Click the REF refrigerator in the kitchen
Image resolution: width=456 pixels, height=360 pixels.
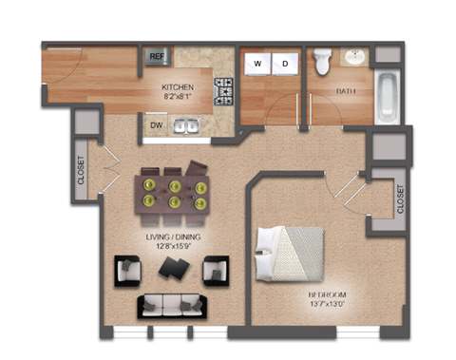pyautogui.click(x=157, y=57)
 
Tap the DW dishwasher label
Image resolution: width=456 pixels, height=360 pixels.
pyautogui.click(x=155, y=123)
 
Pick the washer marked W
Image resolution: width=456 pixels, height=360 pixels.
pyautogui.click(x=256, y=63)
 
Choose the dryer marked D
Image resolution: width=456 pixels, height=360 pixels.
pyautogui.click(x=283, y=63)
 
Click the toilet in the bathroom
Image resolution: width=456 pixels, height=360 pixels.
pyautogui.click(x=322, y=62)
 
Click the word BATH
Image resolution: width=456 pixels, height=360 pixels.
pyautogui.click(x=346, y=91)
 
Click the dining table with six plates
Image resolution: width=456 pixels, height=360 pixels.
pyautogui.click(x=174, y=189)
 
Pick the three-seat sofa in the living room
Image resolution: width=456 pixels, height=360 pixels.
pyautogui.click(x=173, y=305)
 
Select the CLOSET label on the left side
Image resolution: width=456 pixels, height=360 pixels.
pyautogui.click(x=81, y=170)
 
